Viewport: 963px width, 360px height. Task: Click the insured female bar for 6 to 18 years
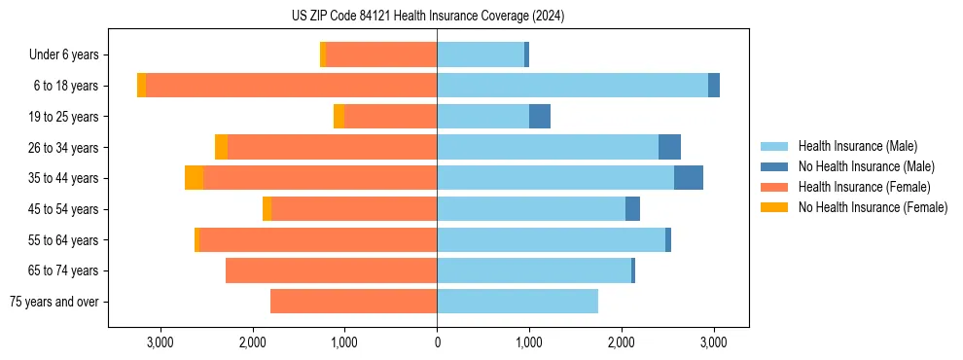coord(292,86)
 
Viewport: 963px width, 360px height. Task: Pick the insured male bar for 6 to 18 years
coord(572,86)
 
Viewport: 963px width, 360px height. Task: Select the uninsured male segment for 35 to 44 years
coord(689,178)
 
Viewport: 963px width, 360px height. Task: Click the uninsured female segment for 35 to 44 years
coord(195,178)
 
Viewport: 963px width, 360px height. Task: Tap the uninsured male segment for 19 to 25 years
coord(540,117)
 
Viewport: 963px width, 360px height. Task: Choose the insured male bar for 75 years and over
coord(517,302)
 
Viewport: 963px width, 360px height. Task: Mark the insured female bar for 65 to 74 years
coord(331,270)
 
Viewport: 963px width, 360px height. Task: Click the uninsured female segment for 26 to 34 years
coord(222,147)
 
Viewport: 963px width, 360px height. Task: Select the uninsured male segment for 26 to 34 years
coord(669,147)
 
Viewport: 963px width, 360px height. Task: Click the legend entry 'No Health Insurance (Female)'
coord(873,207)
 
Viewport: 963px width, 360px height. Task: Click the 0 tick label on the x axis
coord(437,342)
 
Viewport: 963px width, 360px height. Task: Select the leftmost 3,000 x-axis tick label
coord(160,342)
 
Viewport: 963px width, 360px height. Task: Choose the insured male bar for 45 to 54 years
coord(531,209)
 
